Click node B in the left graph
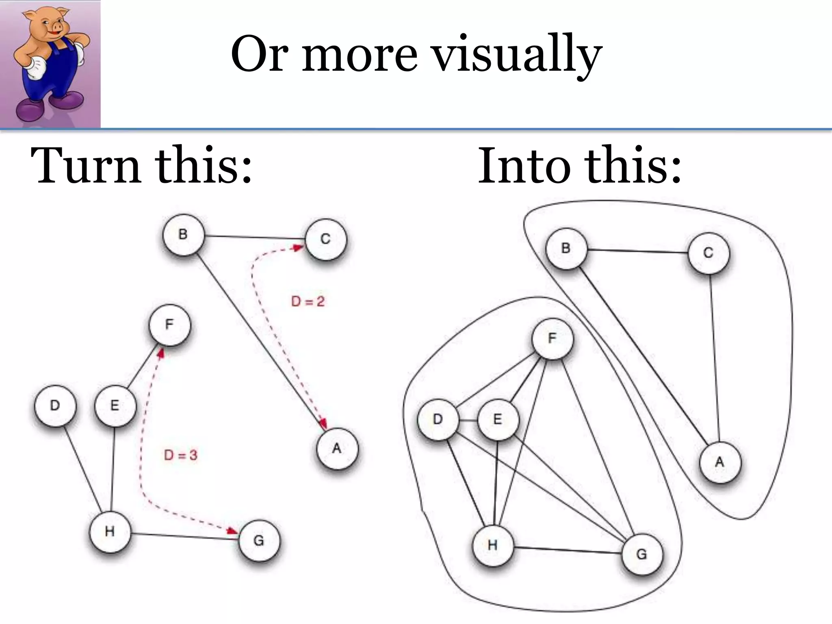183,235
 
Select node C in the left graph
326,239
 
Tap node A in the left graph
337,448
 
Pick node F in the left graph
169,325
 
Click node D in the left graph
55,405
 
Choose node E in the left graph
115,405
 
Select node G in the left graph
259,541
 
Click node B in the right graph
566,248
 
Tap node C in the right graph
708,253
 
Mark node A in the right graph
720,462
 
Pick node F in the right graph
552,338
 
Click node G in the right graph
642,554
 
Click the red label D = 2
308,301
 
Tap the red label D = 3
181,455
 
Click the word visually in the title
516,55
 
